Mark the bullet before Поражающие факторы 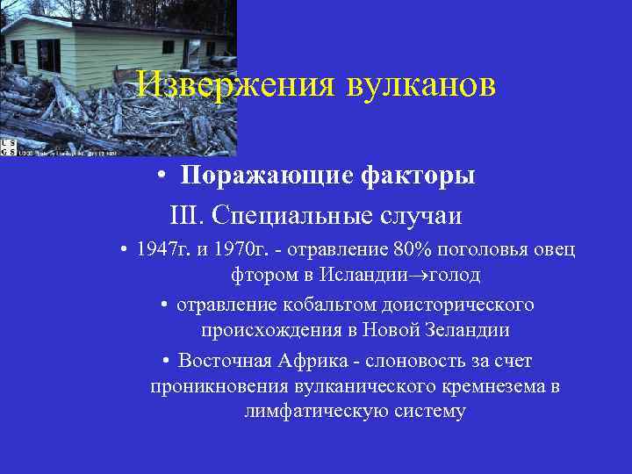[x=164, y=176]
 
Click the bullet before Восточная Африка [x=166, y=362]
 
